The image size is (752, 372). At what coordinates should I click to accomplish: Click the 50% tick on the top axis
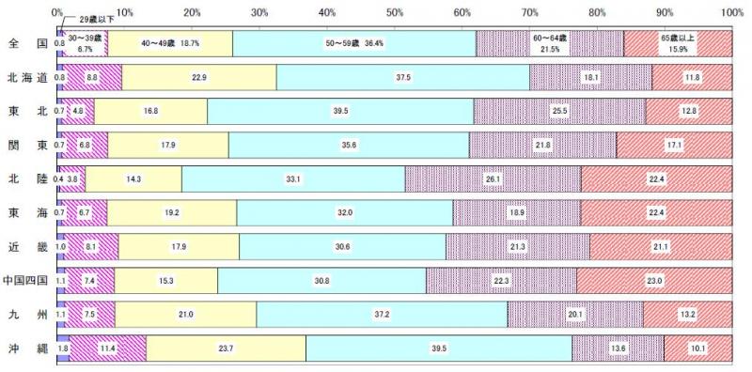click(395, 12)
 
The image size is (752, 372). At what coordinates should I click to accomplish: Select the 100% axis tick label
click(732, 12)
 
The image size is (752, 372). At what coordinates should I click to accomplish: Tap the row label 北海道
click(26, 77)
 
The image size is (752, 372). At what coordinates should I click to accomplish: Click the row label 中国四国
click(26, 280)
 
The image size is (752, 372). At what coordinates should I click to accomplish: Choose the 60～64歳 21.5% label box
click(550, 43)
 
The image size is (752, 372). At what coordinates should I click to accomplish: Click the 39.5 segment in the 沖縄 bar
click(439, 348)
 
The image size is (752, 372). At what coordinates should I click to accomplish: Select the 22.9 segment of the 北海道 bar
click(199, 77)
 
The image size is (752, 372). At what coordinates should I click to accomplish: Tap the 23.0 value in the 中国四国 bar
click(654, 280)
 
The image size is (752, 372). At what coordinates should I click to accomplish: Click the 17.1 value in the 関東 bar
click(674, 145)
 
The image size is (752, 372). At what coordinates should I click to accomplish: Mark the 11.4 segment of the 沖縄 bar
click(108, 348)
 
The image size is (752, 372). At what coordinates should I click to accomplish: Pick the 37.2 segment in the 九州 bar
click(382, 314)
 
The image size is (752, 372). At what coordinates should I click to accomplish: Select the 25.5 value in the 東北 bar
click(560, 111)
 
